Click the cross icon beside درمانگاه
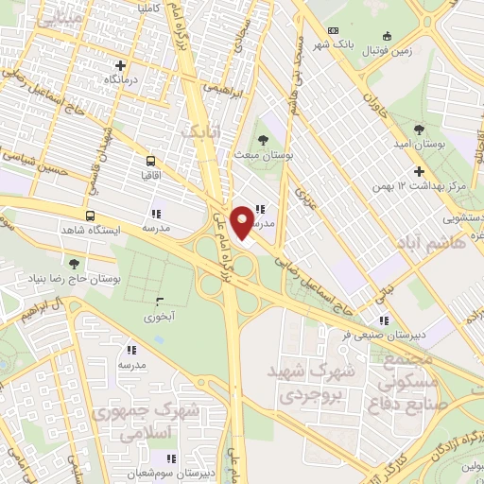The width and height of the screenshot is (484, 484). [x=119, y=65]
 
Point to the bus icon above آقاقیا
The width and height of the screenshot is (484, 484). [x=151, y=161]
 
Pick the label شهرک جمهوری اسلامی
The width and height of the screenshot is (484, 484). [x=161, y=420]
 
